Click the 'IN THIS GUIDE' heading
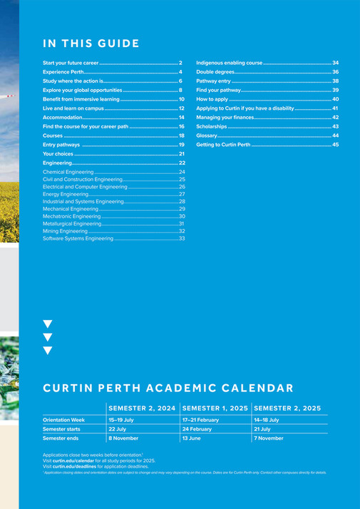click(91, 43)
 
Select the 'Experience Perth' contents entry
click(63, 73)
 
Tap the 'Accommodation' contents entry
click(63, 117)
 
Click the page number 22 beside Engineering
click(182, 163)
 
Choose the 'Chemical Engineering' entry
click(68, 173)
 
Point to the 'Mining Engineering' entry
click(65, 231)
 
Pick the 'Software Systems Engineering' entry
click(78, 238)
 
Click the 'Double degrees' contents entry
click(215, 73)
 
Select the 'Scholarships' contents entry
click(212, 126)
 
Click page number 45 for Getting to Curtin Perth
click(335, 144)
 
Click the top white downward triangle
click(48, 324)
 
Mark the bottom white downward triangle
click(48, 351)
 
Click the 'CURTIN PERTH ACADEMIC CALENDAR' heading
click(168, 389)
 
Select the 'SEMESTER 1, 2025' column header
click(215, 408)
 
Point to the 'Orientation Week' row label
click(63, 421)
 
